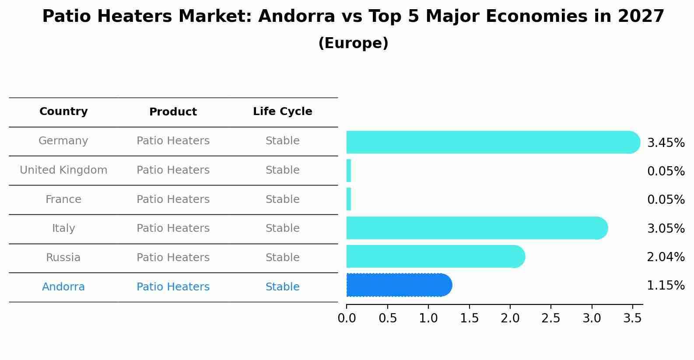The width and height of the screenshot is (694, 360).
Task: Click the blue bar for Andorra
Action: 398,285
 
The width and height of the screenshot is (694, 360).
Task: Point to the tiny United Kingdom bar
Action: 349,171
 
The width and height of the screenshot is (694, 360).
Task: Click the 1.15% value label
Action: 666,286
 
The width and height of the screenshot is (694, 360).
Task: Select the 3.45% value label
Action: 666,143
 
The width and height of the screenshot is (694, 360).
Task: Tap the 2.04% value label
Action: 666,257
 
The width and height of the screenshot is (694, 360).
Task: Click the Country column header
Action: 63,112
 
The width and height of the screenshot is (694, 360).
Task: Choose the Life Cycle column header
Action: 282,112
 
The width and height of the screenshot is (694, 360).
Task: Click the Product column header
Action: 173,112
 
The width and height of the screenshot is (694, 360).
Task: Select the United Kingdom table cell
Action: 63,170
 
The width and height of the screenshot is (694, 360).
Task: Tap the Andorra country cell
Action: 63,287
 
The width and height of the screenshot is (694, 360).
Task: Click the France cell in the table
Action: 63,199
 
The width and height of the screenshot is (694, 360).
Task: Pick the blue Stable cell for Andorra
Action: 282,287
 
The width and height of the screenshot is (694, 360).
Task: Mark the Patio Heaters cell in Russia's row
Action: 173,258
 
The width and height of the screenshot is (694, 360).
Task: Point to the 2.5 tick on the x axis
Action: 550,318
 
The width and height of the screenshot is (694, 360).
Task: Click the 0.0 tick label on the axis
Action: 347,318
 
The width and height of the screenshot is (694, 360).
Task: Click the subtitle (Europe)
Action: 353,43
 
